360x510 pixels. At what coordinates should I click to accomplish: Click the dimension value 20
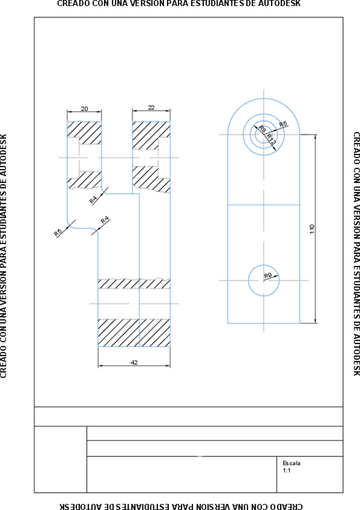[x=84, y=109]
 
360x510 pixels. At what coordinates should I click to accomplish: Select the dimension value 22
[x=151, y=108]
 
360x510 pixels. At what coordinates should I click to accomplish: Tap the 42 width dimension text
[x=134, y=362]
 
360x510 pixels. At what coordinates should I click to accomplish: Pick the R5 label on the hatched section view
[x=58, y=232]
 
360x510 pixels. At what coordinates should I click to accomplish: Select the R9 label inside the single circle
[x=268, y=275]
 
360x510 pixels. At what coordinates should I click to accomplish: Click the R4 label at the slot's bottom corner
[x=105, y=220]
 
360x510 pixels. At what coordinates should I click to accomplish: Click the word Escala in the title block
[x=291, y=463]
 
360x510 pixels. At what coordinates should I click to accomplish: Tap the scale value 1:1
[x=287, y=470]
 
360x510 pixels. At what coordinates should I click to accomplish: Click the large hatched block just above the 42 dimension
[x=133, y=332]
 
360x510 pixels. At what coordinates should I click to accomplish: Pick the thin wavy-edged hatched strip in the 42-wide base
[x=133, y=283]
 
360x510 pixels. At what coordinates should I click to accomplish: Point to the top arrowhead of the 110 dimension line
[x=316, y=137]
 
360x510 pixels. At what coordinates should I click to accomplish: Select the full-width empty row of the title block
[x=188, y=416]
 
